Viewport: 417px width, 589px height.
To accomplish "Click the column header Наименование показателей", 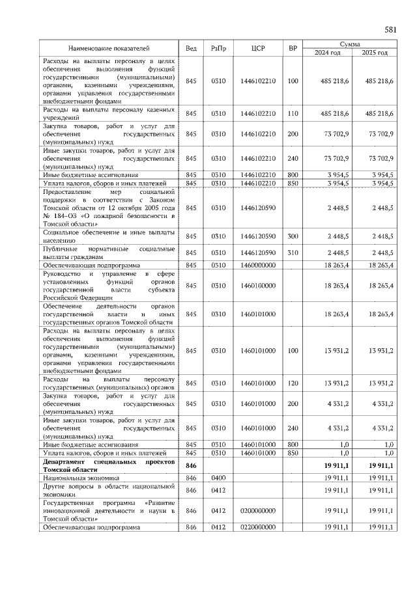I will coord(109,48).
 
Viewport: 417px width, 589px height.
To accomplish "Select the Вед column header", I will coord(191,48).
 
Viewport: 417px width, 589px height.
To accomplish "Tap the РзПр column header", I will coord(218,48).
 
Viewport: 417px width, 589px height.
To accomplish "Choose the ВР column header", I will coord(293,48).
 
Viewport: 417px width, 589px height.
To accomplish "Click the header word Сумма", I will coord(351,44).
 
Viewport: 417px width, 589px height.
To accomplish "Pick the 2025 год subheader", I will coord(373,53).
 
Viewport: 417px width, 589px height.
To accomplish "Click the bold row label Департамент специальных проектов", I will coord(109,465).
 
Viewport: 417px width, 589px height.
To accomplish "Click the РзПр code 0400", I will coord(218,477).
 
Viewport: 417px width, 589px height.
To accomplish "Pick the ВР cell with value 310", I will coord(293,253).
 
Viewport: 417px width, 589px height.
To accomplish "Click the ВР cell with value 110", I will coord(293,113).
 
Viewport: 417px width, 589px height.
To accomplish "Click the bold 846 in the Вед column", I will coord(191,465).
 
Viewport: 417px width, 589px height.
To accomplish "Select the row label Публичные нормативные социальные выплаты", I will coord(109,253).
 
